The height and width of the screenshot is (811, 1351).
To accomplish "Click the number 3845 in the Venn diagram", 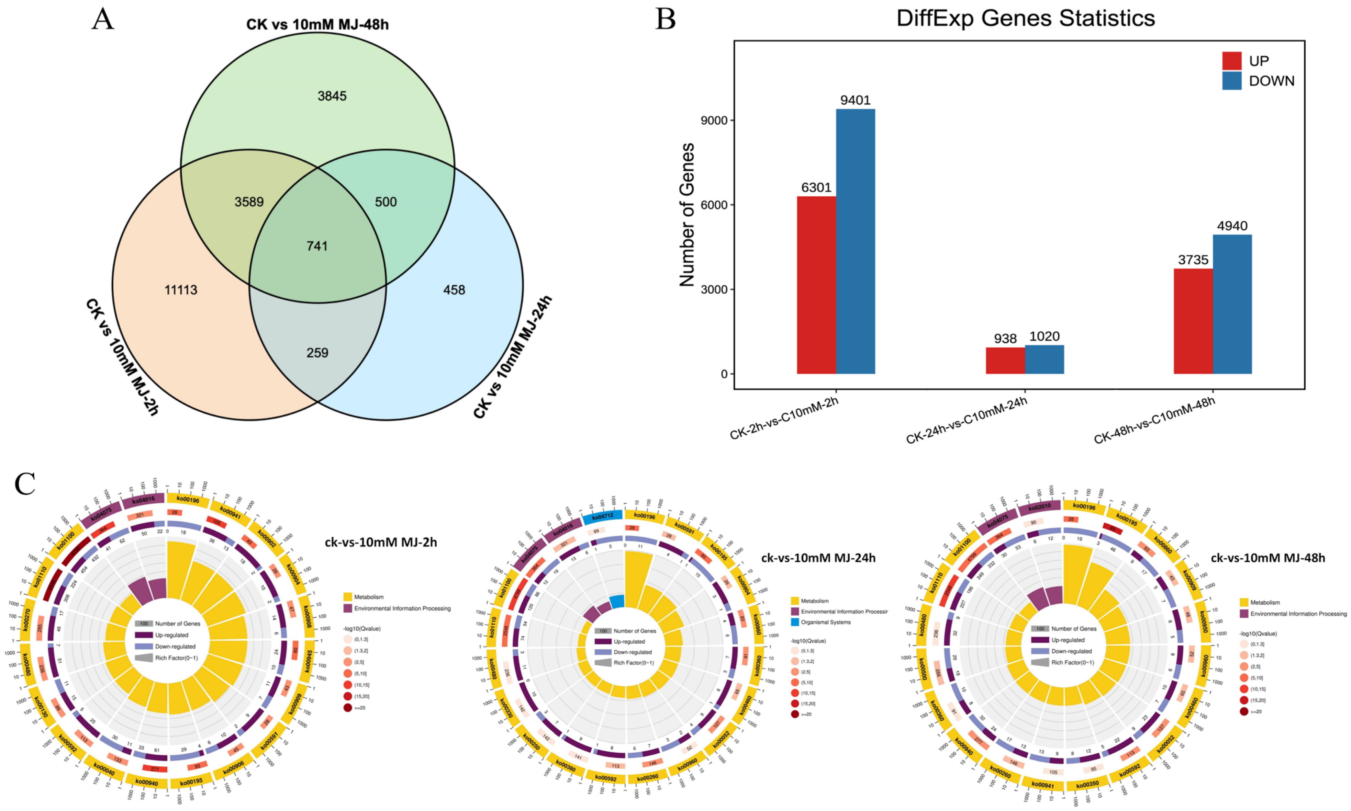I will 332,96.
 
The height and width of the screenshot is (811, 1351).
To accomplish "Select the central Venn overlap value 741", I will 317,246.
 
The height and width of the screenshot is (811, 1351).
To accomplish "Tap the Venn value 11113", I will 181,290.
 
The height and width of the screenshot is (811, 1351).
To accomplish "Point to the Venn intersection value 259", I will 317,353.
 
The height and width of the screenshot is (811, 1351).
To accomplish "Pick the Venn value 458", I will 454,290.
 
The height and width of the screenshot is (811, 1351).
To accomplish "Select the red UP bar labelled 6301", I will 816,284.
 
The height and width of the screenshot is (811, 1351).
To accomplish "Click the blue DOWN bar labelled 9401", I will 855,240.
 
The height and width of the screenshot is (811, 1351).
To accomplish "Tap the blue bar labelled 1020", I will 1044,359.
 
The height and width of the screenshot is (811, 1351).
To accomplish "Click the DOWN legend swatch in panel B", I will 1232,81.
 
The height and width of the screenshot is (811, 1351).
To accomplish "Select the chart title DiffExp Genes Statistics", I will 1026,19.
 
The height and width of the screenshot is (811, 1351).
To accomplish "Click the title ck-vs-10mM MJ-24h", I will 818,558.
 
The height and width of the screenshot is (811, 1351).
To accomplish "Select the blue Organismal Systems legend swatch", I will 795,622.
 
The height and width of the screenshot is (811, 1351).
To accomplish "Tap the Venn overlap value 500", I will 386,202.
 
